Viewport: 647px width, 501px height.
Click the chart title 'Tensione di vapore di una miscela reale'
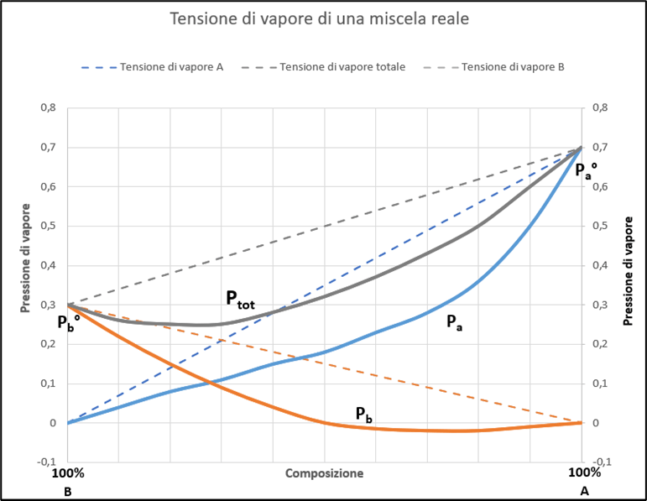coord(322,18)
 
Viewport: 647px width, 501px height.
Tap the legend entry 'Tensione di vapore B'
coord(513,66)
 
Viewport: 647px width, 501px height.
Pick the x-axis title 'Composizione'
coord(324,473)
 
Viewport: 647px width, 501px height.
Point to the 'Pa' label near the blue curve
coord(453,321)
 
